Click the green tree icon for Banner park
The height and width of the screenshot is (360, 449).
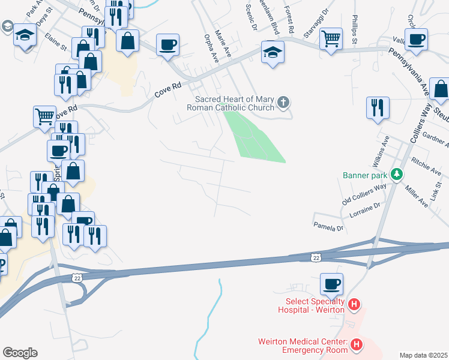(x=396, y=175)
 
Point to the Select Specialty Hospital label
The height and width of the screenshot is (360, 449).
(x=311, y=305)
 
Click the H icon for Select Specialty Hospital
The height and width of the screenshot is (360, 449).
(x=354, y=305)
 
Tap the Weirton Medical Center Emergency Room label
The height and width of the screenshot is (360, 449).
(x=303, y=346)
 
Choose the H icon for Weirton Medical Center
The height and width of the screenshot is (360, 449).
(x=357, y=345)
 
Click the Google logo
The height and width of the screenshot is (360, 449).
(x=20, y=353)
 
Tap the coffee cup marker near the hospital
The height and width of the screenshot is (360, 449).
(x=331, y=283)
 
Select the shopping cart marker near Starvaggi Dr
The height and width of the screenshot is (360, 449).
(x=331, y=40)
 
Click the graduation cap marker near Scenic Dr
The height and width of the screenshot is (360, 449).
(x=272, y=52)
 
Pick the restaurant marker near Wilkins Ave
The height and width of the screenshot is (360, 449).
(x=378, y=107)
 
